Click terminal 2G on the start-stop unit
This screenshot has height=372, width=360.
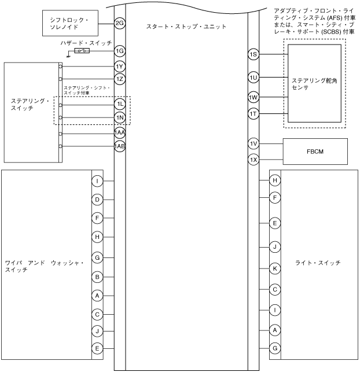[120, 23]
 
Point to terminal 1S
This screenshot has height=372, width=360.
[253, 54]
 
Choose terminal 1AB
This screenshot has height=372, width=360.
[120, 146]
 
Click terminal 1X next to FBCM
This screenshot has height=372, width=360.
[253, 159]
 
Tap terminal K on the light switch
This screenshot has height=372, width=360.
[275, 268]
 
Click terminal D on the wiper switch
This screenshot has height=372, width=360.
[98, 200]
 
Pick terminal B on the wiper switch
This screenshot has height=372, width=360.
[98, 277]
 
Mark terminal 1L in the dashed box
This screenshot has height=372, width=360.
[120, 104]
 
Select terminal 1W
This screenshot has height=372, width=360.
[253, 97]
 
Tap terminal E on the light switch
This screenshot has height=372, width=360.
[275, 222]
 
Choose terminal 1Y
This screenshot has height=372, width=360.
[120, 66]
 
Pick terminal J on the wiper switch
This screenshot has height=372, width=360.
[98, 332]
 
